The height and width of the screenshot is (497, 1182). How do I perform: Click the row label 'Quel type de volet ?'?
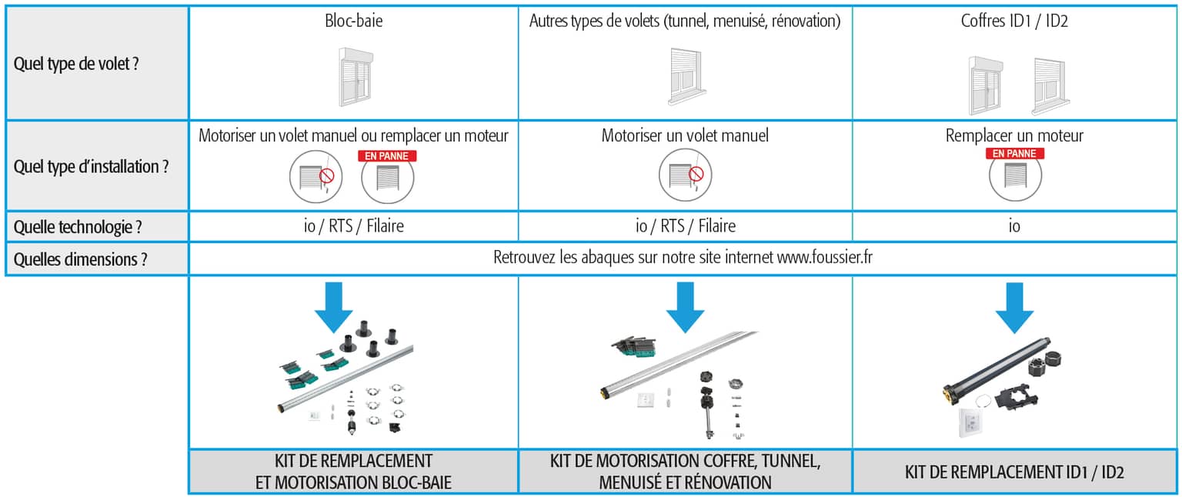coord(76,64)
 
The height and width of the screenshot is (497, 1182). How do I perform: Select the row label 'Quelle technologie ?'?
coord(78,227)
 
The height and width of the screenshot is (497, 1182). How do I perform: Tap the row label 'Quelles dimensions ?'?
coord(80,259)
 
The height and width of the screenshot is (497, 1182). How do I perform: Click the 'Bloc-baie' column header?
coord(353,21)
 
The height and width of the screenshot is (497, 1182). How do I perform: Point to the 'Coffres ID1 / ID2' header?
coord(1014,21)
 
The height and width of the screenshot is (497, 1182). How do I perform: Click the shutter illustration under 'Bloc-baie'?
coord(356,77)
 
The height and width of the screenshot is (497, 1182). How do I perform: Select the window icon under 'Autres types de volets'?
coord(686,77)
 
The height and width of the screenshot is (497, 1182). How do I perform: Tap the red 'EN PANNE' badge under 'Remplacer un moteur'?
coord(1015,154)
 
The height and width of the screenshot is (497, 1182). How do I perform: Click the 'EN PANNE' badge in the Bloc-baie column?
coord(387,156)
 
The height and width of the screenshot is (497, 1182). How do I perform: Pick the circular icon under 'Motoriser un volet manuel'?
coord(685,175)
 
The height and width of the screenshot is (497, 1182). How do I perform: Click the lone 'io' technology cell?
coord(1014,226)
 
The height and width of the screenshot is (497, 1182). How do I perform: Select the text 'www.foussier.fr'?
coord(825,258)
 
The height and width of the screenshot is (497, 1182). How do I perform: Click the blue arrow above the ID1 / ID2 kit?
coord(1014,308)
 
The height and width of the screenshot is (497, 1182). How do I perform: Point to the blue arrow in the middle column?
coord(685,307)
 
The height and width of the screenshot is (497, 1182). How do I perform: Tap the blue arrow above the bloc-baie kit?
coord(333,307)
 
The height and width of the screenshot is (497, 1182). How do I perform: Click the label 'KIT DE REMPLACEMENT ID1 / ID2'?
coord(1014,472)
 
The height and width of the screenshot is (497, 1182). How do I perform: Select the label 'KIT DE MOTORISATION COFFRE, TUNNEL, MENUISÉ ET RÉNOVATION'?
coord(685,472)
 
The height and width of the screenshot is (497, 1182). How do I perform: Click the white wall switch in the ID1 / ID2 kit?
coord(970,422)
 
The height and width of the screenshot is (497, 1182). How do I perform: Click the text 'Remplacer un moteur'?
coord(1014,135)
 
